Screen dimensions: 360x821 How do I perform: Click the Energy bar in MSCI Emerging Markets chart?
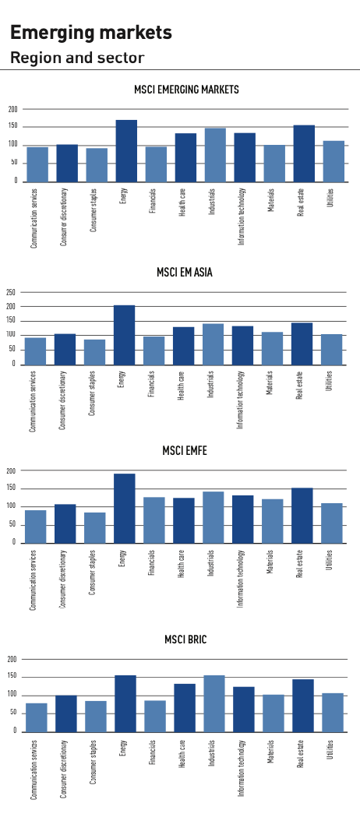pos(126,151)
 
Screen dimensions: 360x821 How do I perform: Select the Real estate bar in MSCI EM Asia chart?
pos(302,344)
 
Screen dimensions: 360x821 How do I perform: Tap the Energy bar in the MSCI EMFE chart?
pos(124,509)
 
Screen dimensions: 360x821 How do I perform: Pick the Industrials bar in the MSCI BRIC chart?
pos(214,703)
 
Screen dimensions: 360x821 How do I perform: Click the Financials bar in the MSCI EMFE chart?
pos(154,520)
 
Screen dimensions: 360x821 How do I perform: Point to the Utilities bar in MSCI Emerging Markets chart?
pos(334,161)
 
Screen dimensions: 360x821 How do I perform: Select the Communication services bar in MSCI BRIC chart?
pos(37,717)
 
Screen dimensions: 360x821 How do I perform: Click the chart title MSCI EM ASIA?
pos(185,273)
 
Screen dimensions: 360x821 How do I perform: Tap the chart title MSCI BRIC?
pos(185,640)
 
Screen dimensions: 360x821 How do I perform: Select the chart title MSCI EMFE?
pos(185,450)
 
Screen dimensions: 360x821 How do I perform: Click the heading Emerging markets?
pos(91,33)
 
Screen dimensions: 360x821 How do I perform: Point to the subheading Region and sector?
pos(77,57)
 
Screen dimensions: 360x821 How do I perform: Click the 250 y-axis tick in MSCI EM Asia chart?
pos(11,292)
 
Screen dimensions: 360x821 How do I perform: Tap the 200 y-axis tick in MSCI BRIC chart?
pos(12,660)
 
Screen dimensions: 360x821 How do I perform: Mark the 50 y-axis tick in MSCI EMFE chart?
pos(14,525)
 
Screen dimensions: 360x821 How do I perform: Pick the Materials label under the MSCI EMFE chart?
pos(270,562)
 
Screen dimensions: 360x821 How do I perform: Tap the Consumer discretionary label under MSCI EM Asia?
pos(62,400)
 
